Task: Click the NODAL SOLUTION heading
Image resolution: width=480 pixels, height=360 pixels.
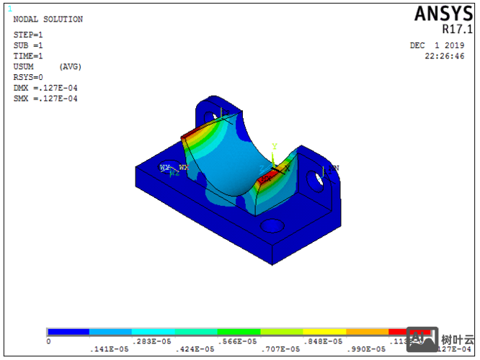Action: [48, 19]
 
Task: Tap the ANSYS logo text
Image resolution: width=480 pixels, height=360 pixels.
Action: [443, 14]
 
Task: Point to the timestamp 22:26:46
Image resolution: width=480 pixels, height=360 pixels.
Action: [445, 55]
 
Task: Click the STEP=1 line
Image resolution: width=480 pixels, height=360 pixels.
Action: [28, 35]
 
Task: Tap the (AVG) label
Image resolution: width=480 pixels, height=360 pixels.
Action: [70, 67]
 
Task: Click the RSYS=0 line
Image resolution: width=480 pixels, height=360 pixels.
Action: [28, 78]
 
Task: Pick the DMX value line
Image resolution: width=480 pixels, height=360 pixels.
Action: [45, 89]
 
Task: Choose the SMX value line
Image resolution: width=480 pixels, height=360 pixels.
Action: [45, 99]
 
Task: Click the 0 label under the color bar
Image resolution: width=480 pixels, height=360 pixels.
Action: [48, 341]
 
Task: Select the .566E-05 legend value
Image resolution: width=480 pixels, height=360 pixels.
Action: [239, 341]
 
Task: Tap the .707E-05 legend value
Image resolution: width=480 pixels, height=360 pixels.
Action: [281, 349]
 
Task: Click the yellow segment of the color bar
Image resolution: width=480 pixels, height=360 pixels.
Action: [324, 332]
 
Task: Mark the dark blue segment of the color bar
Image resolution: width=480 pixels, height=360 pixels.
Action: [68, 332]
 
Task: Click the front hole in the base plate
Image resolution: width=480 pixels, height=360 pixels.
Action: [272, 226]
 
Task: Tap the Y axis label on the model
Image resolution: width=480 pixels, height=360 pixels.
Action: [274, 147]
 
